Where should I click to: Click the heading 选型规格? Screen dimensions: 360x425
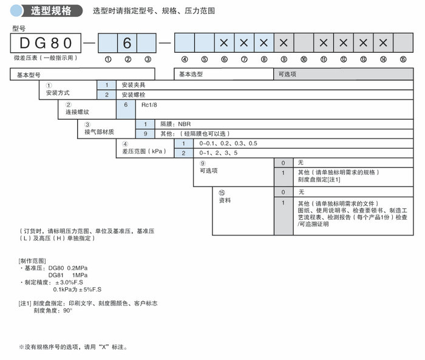(x=50, y=10)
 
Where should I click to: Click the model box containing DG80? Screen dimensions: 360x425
(x=46, y=42)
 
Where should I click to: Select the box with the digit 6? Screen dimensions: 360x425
(x=127, y=43)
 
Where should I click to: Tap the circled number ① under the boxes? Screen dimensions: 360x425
(x=107, y=59)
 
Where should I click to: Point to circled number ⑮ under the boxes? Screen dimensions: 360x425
(x=403, y=59)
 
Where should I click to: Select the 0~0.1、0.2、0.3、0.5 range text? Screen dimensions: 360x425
(x=228, y=143)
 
